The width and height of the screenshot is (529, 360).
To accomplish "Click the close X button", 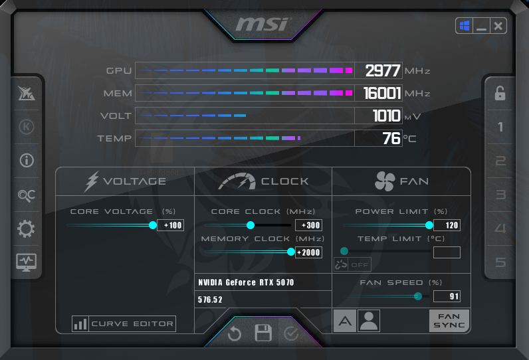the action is point(498,26).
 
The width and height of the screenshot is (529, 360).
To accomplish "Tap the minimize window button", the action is point(481,26).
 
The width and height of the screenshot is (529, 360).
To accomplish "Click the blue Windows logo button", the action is point(465,26).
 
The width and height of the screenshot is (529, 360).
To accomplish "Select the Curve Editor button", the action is point(124,323).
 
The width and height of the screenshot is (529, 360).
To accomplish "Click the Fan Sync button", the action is point(449,321).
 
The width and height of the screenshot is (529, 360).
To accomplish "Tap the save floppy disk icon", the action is point(263,333).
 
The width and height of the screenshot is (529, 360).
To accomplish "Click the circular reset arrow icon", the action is point(235,333).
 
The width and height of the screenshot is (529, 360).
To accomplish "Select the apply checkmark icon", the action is point(291,333).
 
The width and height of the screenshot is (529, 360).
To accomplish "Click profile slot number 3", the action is point(500,195).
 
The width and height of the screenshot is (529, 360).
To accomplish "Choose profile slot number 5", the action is point(500,262).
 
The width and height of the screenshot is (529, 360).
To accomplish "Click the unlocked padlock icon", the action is point(500,94).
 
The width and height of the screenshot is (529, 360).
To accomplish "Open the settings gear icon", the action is point(26,229).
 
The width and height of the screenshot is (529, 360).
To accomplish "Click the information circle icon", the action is point(27,161).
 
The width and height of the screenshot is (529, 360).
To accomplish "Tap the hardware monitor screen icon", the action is point(27,262).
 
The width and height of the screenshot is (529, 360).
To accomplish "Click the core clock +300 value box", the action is point(308,225).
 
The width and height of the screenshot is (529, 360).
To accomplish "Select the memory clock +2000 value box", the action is point(308,252).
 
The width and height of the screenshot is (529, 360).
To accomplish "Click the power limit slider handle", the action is point(429,225).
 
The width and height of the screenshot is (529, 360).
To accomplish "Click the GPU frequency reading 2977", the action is point(383,71).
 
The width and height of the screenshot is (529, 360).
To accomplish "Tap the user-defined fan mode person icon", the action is point(369,321).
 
